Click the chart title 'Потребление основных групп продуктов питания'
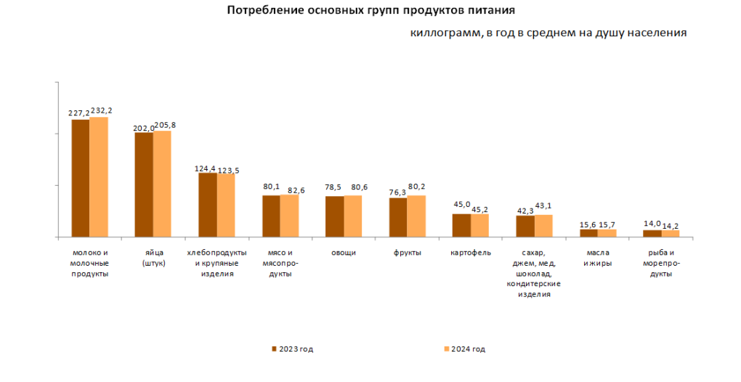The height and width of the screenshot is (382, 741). [371, 11]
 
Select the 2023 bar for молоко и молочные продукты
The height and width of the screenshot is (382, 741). [80, 178]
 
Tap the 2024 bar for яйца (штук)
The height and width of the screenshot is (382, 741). [162, 184]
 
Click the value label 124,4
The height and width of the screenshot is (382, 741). [206, 168]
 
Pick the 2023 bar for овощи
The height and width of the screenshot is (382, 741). [334, 216]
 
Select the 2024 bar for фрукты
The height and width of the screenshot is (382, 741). [416, 216]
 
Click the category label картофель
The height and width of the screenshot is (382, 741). [471, 253]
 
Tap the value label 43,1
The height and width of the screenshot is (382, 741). [544, 207]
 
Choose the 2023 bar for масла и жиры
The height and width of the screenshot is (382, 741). [588, 233]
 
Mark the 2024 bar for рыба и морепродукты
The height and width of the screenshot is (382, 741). [671, 233]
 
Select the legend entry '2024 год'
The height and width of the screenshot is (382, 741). [464, 349]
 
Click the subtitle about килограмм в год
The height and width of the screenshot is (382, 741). [548, 33]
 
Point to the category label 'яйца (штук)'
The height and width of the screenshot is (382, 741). [153, 258]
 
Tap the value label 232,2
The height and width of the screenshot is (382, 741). [102, 110]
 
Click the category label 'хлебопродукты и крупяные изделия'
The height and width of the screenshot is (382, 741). [216, 263]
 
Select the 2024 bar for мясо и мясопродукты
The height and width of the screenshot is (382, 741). [289, 216]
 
